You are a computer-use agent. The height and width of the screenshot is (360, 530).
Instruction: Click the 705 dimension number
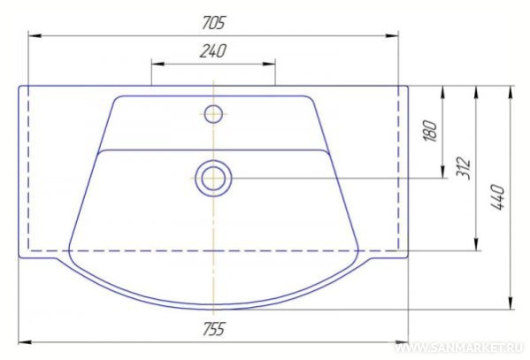pos(213,23)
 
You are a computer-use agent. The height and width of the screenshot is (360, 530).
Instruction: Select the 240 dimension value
pos(213,51)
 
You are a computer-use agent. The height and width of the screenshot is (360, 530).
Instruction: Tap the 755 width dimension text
pos(213,329)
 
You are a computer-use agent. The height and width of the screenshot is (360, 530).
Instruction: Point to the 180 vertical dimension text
pos(430,131)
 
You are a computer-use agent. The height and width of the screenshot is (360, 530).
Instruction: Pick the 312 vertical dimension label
pos(464,168)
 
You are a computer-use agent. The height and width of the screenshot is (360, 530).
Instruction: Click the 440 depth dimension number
pos(497,196)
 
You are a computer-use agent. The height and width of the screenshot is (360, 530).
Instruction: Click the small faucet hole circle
pos(213,114)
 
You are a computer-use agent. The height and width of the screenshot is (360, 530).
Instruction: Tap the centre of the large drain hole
pos(213,178)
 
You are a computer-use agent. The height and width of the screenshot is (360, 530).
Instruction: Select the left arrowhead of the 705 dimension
pos(35,35)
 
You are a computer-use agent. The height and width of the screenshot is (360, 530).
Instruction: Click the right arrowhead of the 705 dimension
pos(392,35)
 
